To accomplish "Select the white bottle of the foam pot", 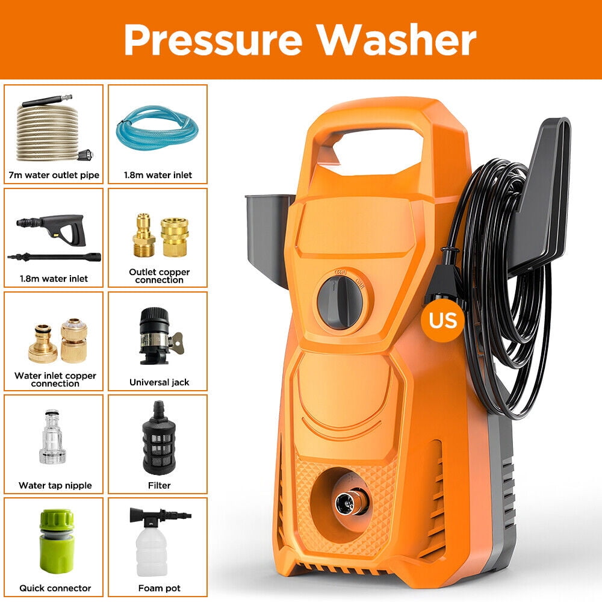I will pyautogui.click(x=151, y=551).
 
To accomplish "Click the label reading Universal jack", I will pyautogui.click(x=159, y=382).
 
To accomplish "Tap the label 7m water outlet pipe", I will pyautogui.click(x=55, y=175).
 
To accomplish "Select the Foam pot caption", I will pyautogui.click(x=159, y=588).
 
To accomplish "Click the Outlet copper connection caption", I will pyautogui.click(x=159, y=276).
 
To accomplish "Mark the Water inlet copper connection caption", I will pyautogui.click(x=55, y=379).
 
